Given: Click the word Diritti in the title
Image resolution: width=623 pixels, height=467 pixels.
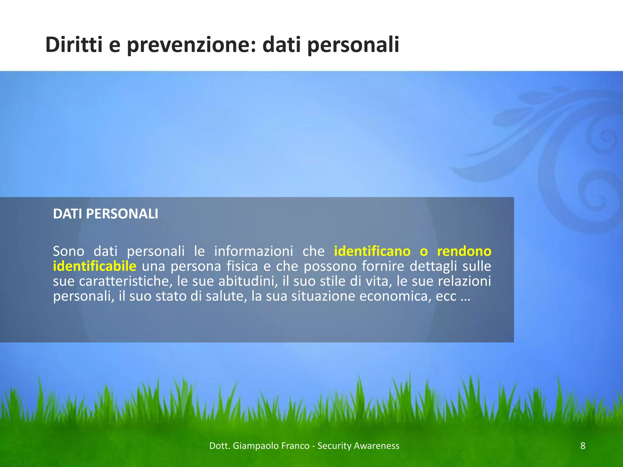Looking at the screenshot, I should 73,45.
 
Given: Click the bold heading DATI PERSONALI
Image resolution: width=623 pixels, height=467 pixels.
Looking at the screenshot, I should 106,214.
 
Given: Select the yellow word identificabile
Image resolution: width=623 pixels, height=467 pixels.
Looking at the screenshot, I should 94,266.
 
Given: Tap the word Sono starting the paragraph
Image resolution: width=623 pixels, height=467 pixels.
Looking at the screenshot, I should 68,251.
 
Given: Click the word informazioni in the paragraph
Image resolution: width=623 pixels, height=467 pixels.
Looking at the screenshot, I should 254,251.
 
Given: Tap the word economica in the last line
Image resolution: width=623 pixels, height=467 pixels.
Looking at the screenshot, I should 395,296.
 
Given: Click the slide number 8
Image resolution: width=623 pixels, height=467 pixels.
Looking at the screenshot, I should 583,446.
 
